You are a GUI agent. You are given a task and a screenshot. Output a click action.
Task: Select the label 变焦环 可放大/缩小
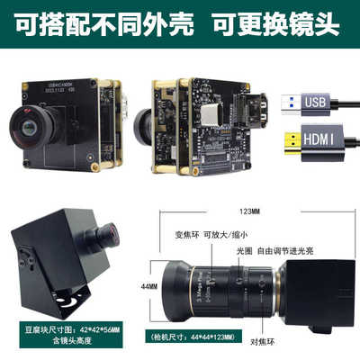point(210,238)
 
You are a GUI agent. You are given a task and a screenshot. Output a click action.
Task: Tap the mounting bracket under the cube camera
point(45,297)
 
